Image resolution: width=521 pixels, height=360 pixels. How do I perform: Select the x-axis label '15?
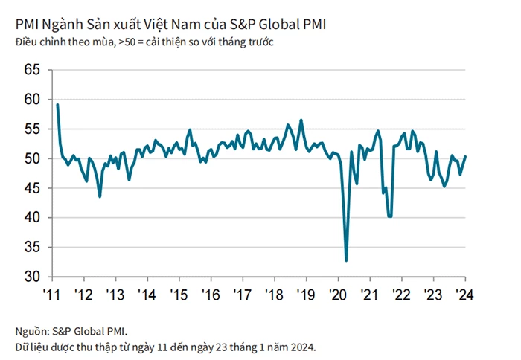click(179, 294)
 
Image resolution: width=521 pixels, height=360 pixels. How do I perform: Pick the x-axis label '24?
click(463, 294)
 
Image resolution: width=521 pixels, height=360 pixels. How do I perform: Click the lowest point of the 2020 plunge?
click(346, 260)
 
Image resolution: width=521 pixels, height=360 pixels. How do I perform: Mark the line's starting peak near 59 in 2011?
click(57, 104)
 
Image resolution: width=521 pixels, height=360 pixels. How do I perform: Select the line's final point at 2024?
click(465, 156)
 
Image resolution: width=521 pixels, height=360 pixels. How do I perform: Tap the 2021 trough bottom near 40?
click(389, 216)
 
